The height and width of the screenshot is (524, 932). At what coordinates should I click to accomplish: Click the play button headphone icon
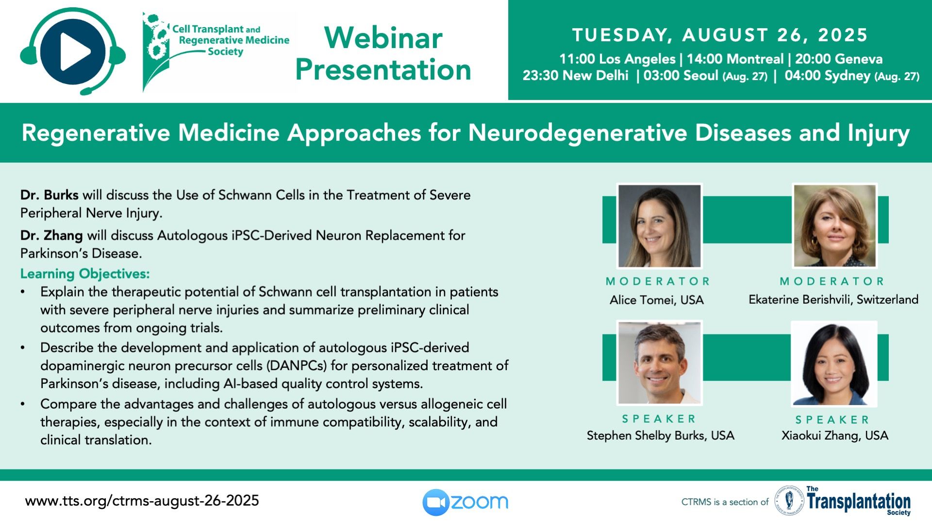(73, 51)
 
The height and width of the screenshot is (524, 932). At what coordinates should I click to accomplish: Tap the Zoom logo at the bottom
(465, 502)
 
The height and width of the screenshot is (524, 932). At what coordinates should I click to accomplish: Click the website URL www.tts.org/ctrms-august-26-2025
(142, 501)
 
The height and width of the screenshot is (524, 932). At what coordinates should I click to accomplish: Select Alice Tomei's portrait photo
(659, 226)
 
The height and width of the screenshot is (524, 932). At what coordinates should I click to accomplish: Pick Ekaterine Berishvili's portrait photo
(834, 226)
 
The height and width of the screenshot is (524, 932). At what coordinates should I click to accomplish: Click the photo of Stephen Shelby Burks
(659, 363)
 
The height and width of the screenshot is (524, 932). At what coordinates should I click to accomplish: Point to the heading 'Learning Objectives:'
(85, 274)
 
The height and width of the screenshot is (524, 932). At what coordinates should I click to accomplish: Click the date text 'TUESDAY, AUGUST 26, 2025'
(720, 35)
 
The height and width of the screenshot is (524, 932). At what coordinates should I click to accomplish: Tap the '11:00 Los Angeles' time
(617, 59)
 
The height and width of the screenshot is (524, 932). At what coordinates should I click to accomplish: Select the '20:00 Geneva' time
(839, 59)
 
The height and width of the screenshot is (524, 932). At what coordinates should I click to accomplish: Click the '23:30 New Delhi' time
(575, 76)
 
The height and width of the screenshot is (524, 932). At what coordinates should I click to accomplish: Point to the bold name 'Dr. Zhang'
(51, 236)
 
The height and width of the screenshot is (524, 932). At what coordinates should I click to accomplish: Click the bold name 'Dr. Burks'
(49, 195)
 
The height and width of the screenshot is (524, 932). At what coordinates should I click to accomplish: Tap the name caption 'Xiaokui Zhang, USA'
(835, 436)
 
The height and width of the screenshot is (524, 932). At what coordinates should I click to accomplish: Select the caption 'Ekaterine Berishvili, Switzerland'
(833, 299)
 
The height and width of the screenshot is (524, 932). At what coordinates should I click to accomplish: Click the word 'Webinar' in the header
(383, 38)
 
